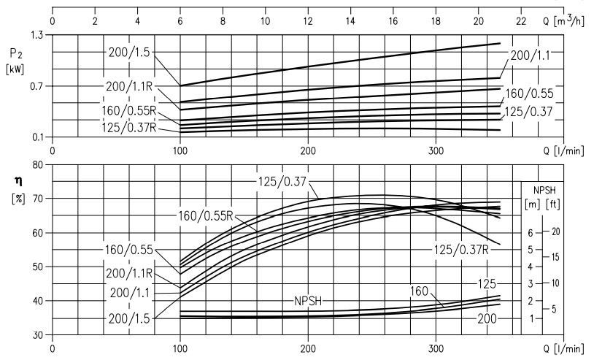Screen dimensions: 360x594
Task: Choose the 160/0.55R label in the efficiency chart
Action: pyautogui.click(x=207, y=215)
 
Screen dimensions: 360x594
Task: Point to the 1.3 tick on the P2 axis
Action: pyautogui.click(x=36, y=35)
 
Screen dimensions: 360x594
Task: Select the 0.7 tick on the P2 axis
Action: pyautogui.click(x=36, y=86)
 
